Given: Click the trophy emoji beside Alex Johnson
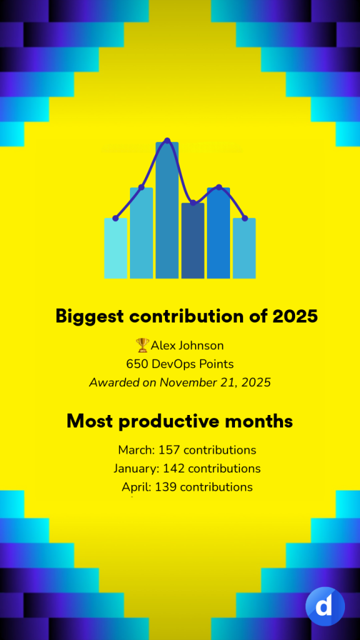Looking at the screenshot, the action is click(x=142, y=345).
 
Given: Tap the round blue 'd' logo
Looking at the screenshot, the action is click(x=325, y=606).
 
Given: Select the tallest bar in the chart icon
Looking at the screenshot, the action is click(x=167, y=210).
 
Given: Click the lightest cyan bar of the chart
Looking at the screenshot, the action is click(x=116, y=248).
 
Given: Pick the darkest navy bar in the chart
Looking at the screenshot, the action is click(x=192, y=241).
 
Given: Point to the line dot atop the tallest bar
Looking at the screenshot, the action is click(x=167, y=141).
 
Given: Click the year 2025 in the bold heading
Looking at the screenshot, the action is click(x=295, y=316).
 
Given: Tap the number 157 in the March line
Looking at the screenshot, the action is click(x=169, y=450).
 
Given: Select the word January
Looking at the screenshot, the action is click(x=136, y=469).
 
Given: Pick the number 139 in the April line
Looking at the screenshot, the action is click(x=166, y=487).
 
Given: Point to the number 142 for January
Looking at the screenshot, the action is click(x=174, y=469).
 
